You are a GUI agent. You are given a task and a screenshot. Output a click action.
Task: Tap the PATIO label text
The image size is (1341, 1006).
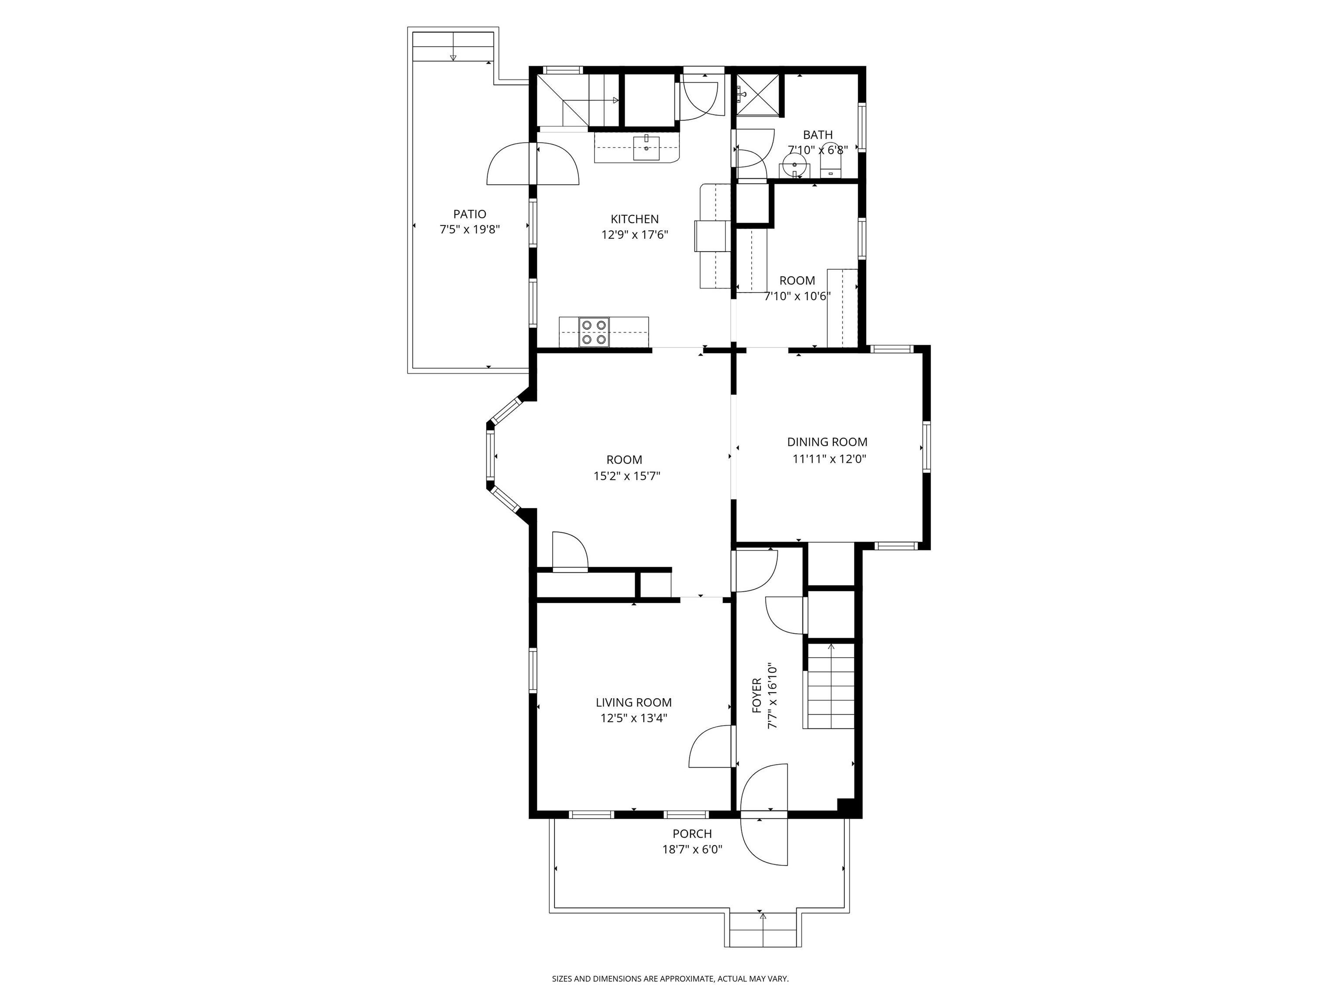point(470,214)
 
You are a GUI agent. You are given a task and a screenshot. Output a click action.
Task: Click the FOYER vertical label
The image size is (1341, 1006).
point(756,696)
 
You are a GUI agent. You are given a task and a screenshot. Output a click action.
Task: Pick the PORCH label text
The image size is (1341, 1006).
point(692,834)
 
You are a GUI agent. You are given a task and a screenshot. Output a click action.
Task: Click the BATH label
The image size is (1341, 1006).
point(818,134)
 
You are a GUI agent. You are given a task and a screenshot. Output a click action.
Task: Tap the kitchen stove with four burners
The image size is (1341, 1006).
point(594,332)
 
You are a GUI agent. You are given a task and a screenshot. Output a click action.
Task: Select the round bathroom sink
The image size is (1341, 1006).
point(794,164)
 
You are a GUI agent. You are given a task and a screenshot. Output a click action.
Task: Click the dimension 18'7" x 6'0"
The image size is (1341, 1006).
point(692,850)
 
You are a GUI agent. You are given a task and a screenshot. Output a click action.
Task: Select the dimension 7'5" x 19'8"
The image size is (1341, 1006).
point(470,230)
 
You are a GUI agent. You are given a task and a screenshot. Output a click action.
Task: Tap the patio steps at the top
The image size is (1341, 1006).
point(453,46)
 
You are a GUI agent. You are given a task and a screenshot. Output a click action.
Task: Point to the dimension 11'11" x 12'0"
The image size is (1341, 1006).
point(829,459)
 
